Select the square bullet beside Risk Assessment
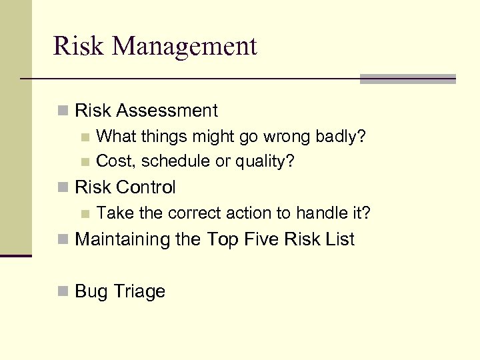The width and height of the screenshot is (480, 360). tap(63, 111)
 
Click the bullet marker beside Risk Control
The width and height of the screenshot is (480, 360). tap(63, 188)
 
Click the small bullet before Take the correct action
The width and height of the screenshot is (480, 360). tap(84, 214)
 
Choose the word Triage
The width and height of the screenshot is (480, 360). tap(139, 291)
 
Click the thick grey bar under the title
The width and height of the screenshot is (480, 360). tap(407, 79)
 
